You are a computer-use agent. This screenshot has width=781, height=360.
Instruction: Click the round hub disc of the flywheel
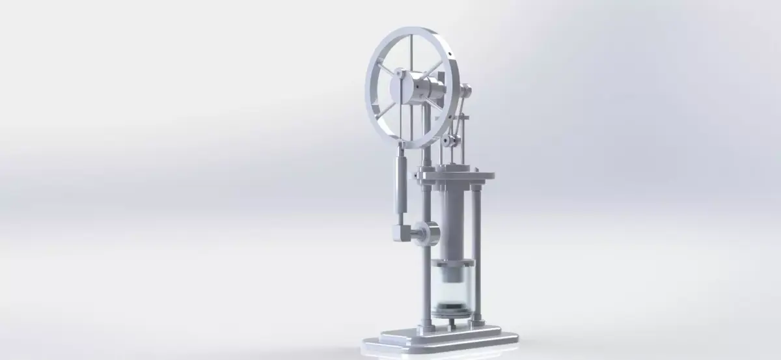tap(399, 88)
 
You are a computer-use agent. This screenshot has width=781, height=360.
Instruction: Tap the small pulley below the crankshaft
tap(448, 139)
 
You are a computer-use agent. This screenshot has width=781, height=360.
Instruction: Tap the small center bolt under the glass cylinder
tap(448, 320)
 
